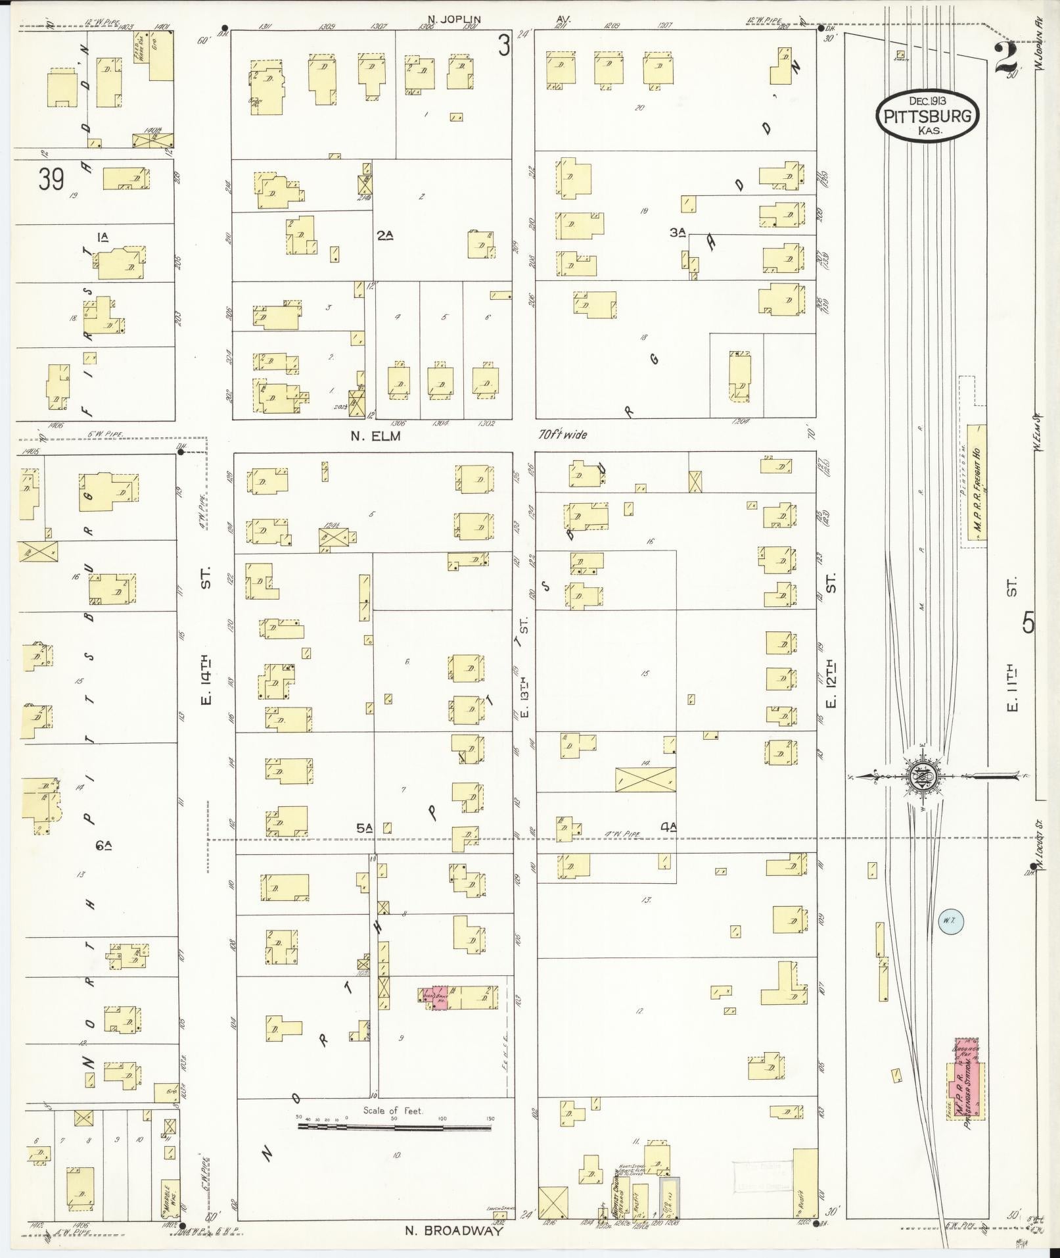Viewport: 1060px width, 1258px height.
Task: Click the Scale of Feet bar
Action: coord(394,1127)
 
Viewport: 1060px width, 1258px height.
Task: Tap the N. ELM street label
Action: coord(375,435)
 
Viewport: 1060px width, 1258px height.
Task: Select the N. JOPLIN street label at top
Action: coord(453,19)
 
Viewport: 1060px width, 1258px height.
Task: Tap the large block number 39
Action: coord(50,179)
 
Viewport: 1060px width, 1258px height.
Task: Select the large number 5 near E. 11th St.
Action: coord(1028,622)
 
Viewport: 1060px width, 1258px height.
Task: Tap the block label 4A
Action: coord(669,827)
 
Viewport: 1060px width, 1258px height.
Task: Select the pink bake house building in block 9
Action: coord(438,1015)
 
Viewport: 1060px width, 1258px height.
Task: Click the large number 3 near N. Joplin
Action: coord(503,46)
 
